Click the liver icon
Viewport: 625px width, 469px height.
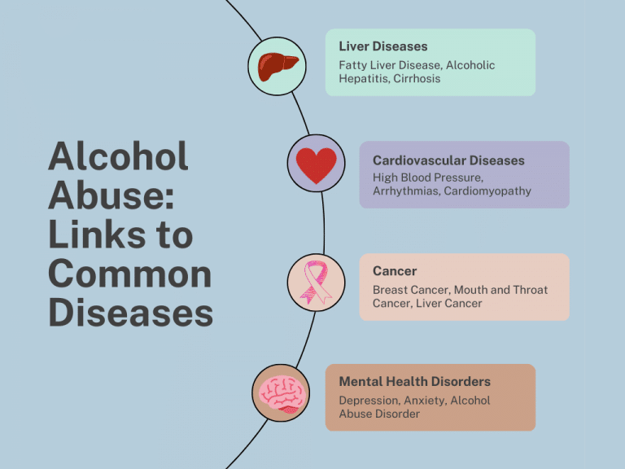278,66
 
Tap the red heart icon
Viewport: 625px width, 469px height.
315,164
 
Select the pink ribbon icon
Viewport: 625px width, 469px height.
315,283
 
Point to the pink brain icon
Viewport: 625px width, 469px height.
281,393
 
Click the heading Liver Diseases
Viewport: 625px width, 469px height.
382,46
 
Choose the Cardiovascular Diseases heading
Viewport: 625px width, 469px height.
448,160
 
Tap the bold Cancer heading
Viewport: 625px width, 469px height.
395,271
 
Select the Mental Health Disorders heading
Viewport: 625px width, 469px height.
414,381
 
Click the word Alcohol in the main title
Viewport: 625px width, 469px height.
118,156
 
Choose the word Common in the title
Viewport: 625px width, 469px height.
129,274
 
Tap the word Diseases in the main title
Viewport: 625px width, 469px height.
130,313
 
